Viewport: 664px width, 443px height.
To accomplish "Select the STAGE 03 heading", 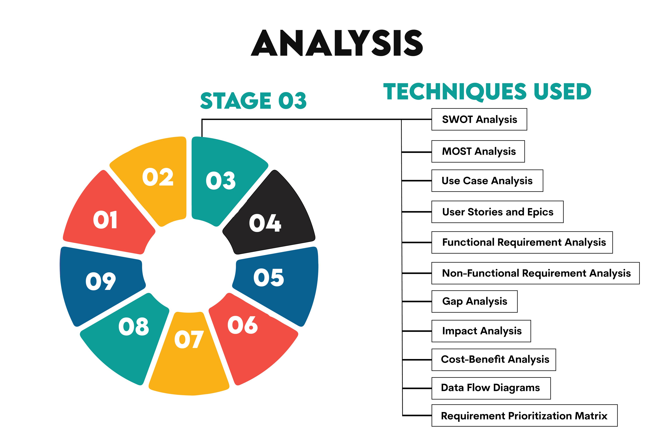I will tap(253, 101).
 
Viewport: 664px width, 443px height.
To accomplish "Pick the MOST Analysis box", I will tap(478, 151).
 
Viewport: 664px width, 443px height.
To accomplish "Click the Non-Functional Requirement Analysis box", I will tap(535, 273).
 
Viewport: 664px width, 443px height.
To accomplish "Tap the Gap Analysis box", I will tap(474, 301).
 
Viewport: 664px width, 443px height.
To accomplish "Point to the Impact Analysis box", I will tap(481, 331).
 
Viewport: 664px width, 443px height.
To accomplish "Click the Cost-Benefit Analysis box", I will tap(494, 360).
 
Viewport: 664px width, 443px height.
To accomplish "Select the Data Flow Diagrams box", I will tap(491, 388).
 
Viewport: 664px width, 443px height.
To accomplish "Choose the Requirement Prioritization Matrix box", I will tap(524, 416).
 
